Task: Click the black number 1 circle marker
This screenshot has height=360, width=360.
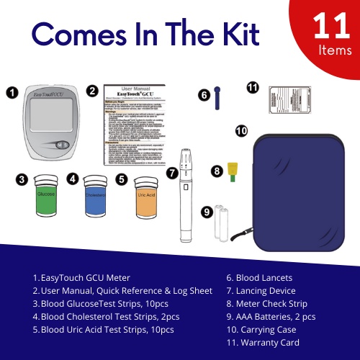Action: (12, 92)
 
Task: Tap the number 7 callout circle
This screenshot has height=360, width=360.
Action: (171, 173)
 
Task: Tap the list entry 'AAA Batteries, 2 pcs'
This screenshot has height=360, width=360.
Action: (267, 317)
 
